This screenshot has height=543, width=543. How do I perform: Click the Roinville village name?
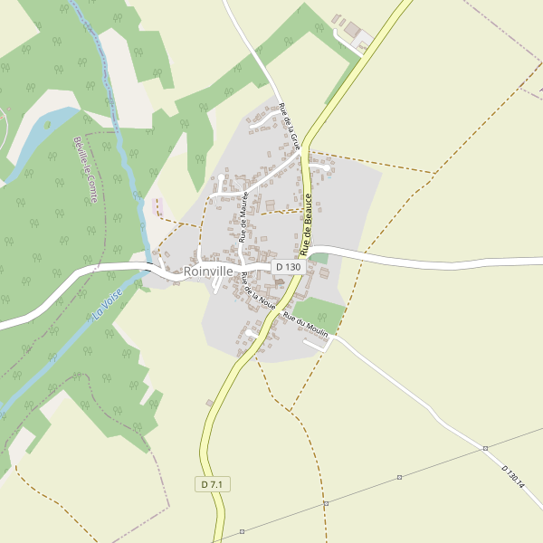coord(208,271)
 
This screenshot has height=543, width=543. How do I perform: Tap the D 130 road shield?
coord(287,267)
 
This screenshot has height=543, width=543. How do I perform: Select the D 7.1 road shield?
coord(213,485)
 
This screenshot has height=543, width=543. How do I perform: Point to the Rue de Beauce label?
coord(312,223)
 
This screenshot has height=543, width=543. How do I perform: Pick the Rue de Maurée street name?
coord(244,214)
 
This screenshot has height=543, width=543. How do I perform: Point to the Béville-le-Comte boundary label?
coord(86,169)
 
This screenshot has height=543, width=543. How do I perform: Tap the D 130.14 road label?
coord(513,476)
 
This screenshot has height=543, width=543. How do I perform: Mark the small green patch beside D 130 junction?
coord(319,259)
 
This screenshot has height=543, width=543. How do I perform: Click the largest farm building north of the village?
coord(351,31)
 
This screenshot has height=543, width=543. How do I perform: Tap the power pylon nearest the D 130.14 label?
coord(485,448)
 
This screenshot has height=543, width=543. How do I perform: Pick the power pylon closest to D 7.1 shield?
coord(242,531)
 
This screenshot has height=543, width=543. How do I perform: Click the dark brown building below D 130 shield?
coord(280,282)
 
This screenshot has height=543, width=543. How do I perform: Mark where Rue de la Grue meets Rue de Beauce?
coord(303,148)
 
